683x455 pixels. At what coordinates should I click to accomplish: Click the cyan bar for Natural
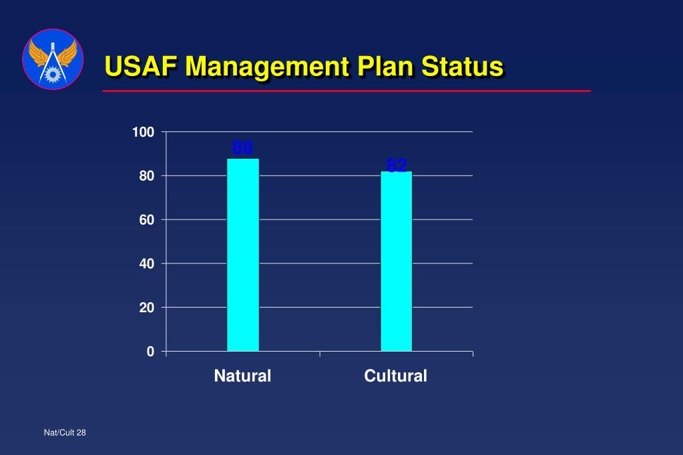242,254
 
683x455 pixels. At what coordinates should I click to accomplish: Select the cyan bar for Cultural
396,261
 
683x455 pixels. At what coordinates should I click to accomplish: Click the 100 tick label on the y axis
143,133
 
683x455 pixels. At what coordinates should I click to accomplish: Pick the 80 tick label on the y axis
146,176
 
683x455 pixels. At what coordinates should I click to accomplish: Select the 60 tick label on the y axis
146,220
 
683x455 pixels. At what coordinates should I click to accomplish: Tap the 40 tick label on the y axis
146,264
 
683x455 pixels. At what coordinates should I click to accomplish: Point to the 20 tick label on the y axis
146,308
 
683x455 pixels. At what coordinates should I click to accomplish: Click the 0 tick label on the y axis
150,352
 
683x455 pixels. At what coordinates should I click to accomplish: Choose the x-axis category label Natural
242,376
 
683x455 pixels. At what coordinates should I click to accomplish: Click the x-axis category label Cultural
395,376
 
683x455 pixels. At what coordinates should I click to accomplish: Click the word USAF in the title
141,67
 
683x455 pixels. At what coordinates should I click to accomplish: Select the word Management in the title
267,67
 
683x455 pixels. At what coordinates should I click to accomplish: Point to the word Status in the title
463,67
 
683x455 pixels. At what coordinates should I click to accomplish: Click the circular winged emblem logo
53,59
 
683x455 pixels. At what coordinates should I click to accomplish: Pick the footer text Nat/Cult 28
65,433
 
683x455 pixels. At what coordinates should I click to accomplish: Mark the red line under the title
347,91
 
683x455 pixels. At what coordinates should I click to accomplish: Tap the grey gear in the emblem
53,73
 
